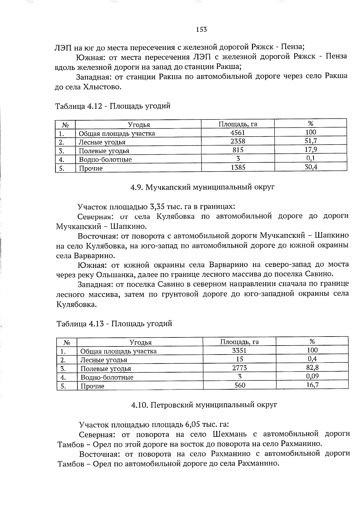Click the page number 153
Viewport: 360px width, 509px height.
pos(201,29)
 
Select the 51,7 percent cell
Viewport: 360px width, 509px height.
pos(311,141)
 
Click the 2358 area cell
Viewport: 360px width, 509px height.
pos(238,141)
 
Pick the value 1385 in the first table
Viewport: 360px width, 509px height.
pos(238,167)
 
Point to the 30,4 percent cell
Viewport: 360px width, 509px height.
pos(311,167)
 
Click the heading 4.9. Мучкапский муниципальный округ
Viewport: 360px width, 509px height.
pos(202,187)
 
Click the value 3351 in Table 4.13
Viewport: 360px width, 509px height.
pos(239,350)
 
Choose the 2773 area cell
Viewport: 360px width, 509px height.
pos(239,368)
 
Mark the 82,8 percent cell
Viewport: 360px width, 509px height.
pos(312,367)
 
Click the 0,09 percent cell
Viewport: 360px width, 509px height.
pos(312,376)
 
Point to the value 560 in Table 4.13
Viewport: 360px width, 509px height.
pos(239,385)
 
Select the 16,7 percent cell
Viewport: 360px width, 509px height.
pos(312,385)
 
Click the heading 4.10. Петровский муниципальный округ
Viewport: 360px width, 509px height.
pos(204,405)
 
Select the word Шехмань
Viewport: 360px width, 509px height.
pos(230,434)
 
